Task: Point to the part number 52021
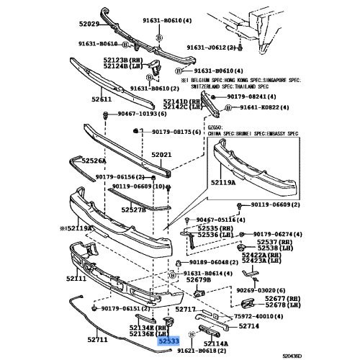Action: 161,155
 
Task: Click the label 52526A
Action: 94,161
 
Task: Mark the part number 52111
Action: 76,278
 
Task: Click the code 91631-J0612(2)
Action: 212,48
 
